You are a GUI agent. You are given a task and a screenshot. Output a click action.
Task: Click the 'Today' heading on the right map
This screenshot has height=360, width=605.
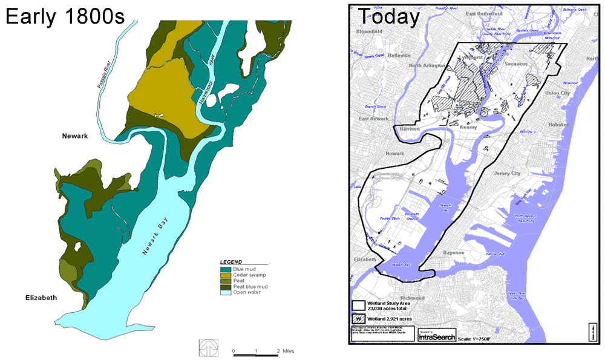tap(388, 17)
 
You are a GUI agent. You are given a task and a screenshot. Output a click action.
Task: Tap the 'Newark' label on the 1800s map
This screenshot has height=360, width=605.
tap(76, 136)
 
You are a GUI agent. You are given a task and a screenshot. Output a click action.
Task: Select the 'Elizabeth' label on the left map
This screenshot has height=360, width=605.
tap(41, 298)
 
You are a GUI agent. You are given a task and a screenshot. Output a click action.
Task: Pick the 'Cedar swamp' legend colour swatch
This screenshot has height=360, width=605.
tap(225, 274)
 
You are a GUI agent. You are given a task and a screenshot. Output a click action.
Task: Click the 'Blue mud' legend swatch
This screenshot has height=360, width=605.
tap(225, 268)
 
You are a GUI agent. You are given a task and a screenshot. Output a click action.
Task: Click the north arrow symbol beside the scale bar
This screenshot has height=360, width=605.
tap(208, 346)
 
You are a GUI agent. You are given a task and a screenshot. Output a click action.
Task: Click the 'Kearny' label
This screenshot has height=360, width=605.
tap(468, 127)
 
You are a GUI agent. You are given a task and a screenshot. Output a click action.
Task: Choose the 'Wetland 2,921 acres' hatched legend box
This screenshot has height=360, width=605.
tap(358, 318)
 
